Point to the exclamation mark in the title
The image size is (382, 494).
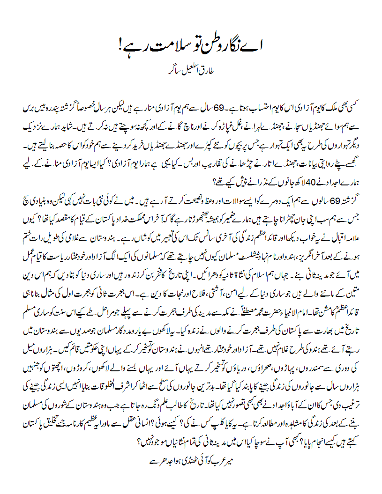(121, 47)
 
